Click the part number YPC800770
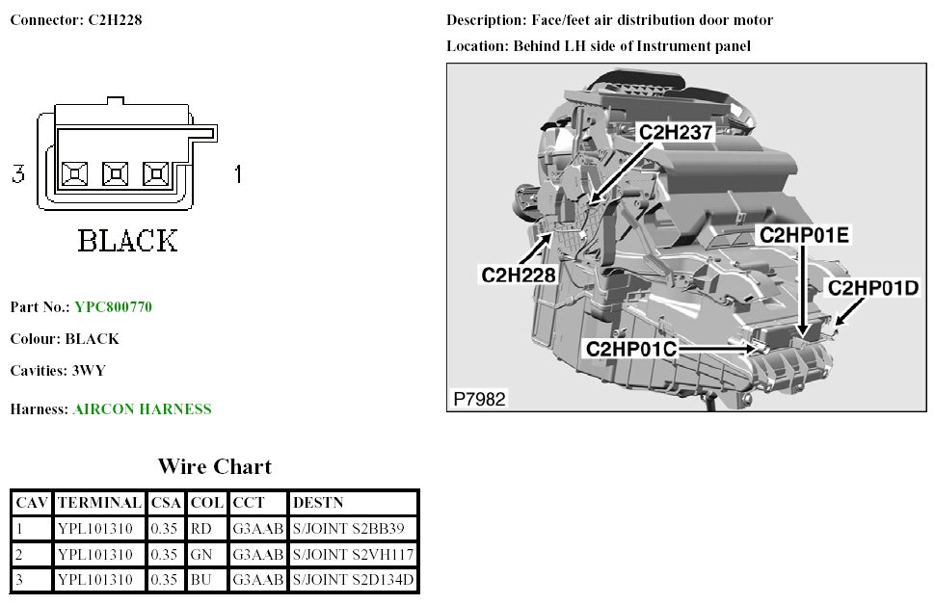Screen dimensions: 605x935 pyautogui.click(x=113, y=307)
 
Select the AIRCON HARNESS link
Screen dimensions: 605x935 pyautogui.click(x=142, y=409)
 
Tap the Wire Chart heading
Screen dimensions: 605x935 pyautogui.click(x=214, y=467)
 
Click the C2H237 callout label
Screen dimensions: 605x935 pyautogui.click(x=677, y=133)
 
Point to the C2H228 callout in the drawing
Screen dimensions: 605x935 pyautogui.click(x=519, y=275)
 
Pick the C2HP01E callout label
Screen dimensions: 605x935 pyautogui.click(x=804, y=235)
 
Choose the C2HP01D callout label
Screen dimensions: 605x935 pyautogui.click(x=874, y=287)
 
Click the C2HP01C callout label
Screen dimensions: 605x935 pyautogui.click(x=631, y=349)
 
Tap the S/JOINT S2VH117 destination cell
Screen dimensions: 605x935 pyautogui.click(x=353, y=555)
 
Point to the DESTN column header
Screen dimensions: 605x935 pyautogui.click(x=318, y=503)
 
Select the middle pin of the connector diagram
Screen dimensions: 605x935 pyautogui.click(x=116, y=174)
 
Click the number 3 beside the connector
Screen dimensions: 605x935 pyautogui.click(x=17, y=174)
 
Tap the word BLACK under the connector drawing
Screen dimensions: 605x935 pyautogui.click(x=127, y=241)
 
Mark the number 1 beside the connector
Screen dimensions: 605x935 pyautogui.click(x=237, y=174)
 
